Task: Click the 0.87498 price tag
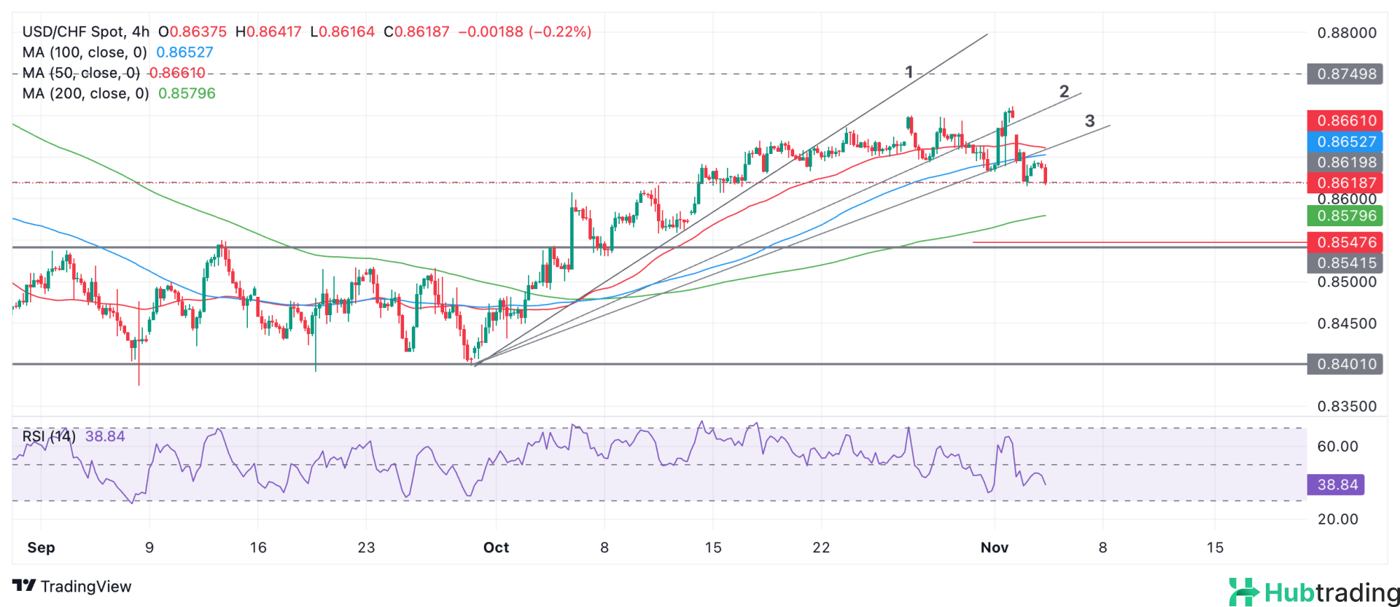1345,74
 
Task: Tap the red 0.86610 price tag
1345,120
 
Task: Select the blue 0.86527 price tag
1345,142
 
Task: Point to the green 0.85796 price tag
1345,216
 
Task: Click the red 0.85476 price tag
1345,242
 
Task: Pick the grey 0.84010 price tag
1345,364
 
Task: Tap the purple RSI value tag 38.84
1336,484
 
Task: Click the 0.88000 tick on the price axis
1347,33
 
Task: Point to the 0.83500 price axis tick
1347,406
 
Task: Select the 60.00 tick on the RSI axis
1337,446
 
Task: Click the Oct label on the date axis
496,548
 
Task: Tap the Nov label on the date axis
995,548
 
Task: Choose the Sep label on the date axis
41,548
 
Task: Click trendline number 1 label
909,72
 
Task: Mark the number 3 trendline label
1089,121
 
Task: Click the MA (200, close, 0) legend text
85,93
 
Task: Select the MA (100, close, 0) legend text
85,53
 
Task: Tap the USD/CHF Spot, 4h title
85,32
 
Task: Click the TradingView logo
72,587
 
